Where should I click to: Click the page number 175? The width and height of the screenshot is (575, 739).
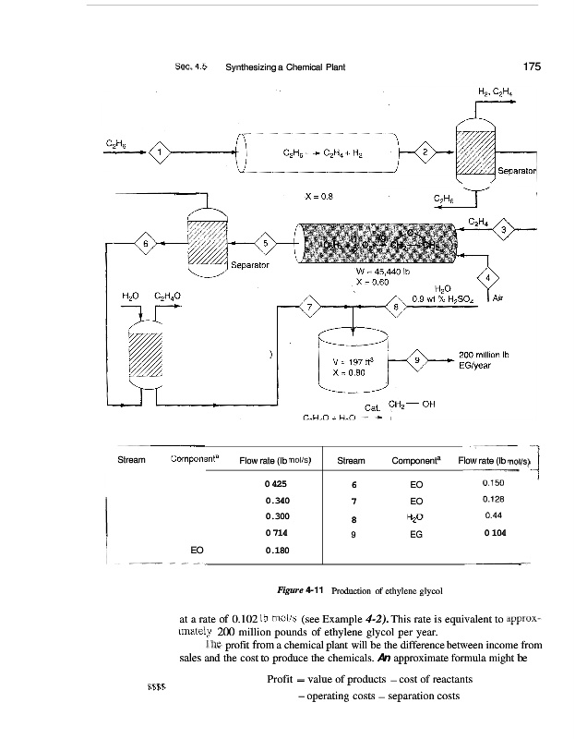[531, 67]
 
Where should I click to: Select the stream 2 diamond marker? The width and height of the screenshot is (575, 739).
[425, 151]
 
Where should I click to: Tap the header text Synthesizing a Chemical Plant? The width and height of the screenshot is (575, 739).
[285, 67]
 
